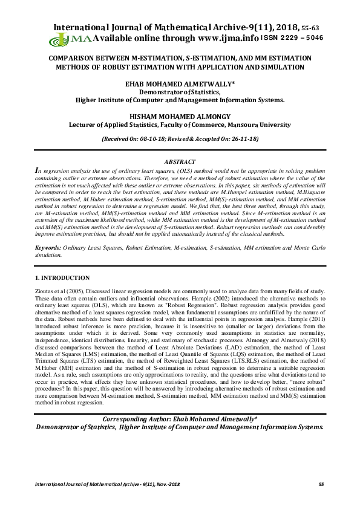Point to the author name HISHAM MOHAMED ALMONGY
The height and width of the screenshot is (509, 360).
point(180,116)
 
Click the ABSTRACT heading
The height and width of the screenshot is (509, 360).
point(180,162)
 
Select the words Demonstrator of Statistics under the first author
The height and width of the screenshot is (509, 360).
point(180,91)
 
